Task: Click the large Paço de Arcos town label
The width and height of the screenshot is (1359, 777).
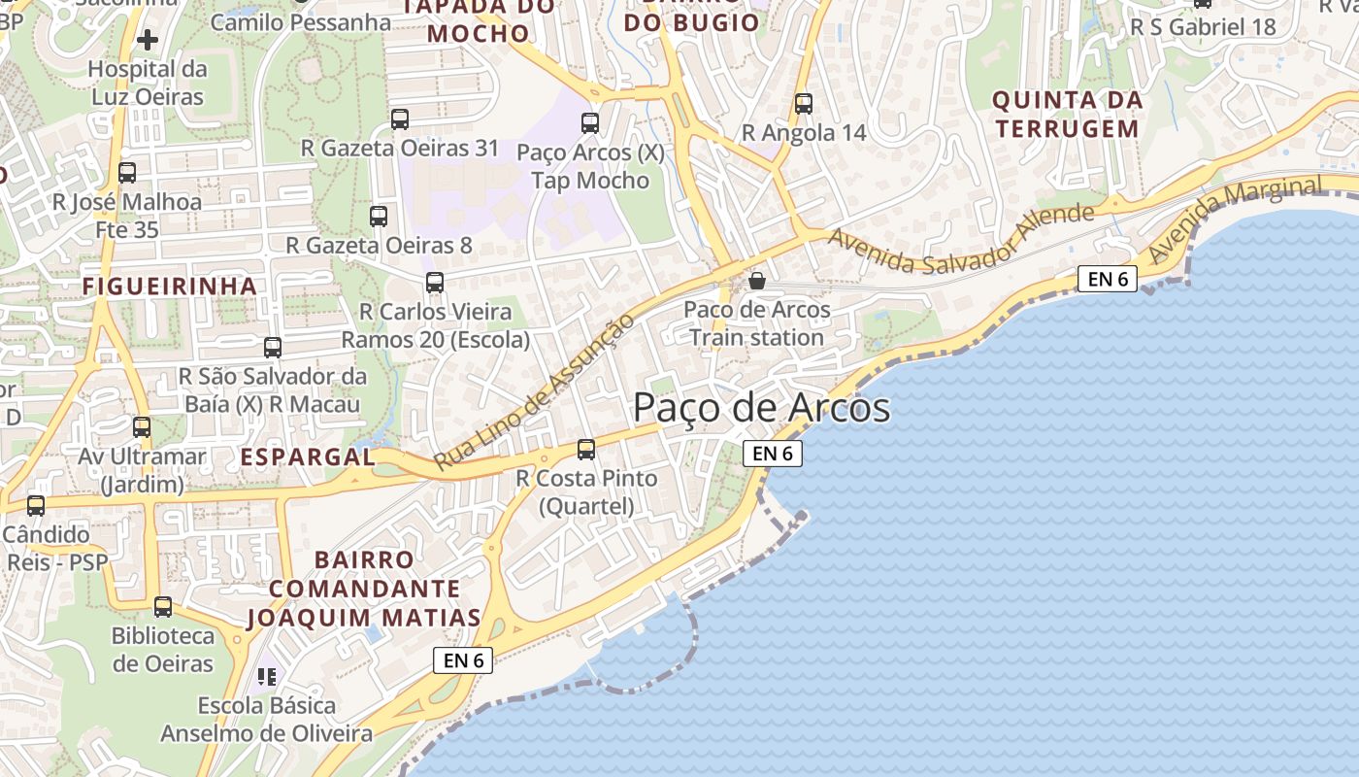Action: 761,408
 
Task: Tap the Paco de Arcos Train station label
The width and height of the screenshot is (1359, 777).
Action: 757,323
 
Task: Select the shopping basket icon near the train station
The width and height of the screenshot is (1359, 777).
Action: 757,281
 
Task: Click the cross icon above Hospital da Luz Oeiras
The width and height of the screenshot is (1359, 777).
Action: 148,40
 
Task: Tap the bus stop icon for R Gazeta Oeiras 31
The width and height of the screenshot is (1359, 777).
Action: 400,119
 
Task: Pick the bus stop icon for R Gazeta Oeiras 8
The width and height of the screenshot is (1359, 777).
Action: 379,217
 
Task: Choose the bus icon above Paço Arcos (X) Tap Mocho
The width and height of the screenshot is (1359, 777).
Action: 590,123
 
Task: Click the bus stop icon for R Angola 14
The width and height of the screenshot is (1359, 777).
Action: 804,104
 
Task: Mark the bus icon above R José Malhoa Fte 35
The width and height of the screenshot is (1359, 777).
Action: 127,173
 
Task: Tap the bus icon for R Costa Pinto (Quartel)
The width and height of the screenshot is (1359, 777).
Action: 586,449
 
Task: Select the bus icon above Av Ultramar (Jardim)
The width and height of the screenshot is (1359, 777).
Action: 142,426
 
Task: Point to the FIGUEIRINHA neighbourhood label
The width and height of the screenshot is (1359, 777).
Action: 170,286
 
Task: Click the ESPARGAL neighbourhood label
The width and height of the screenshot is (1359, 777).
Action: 308,456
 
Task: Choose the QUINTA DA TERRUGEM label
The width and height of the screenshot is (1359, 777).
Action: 1067,114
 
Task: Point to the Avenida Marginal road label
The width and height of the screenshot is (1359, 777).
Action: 1235,219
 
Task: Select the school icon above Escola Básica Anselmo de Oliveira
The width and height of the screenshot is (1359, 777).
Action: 267,676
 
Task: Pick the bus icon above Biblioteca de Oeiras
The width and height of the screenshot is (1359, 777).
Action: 163,607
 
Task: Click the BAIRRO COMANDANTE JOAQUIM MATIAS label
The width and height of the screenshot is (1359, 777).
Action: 364,589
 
